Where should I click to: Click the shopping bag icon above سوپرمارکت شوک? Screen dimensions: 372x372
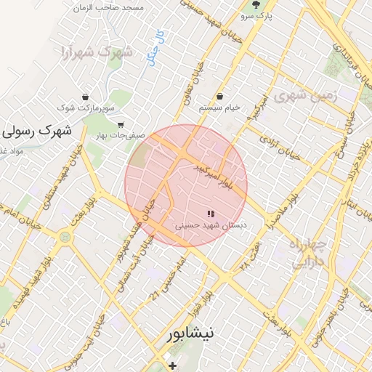coord(86,97)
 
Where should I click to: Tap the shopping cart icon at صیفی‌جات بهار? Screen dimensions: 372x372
coord(121,124)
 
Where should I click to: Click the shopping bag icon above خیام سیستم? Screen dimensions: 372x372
coord(219,97)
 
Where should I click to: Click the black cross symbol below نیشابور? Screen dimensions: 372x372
coord(172,365)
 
